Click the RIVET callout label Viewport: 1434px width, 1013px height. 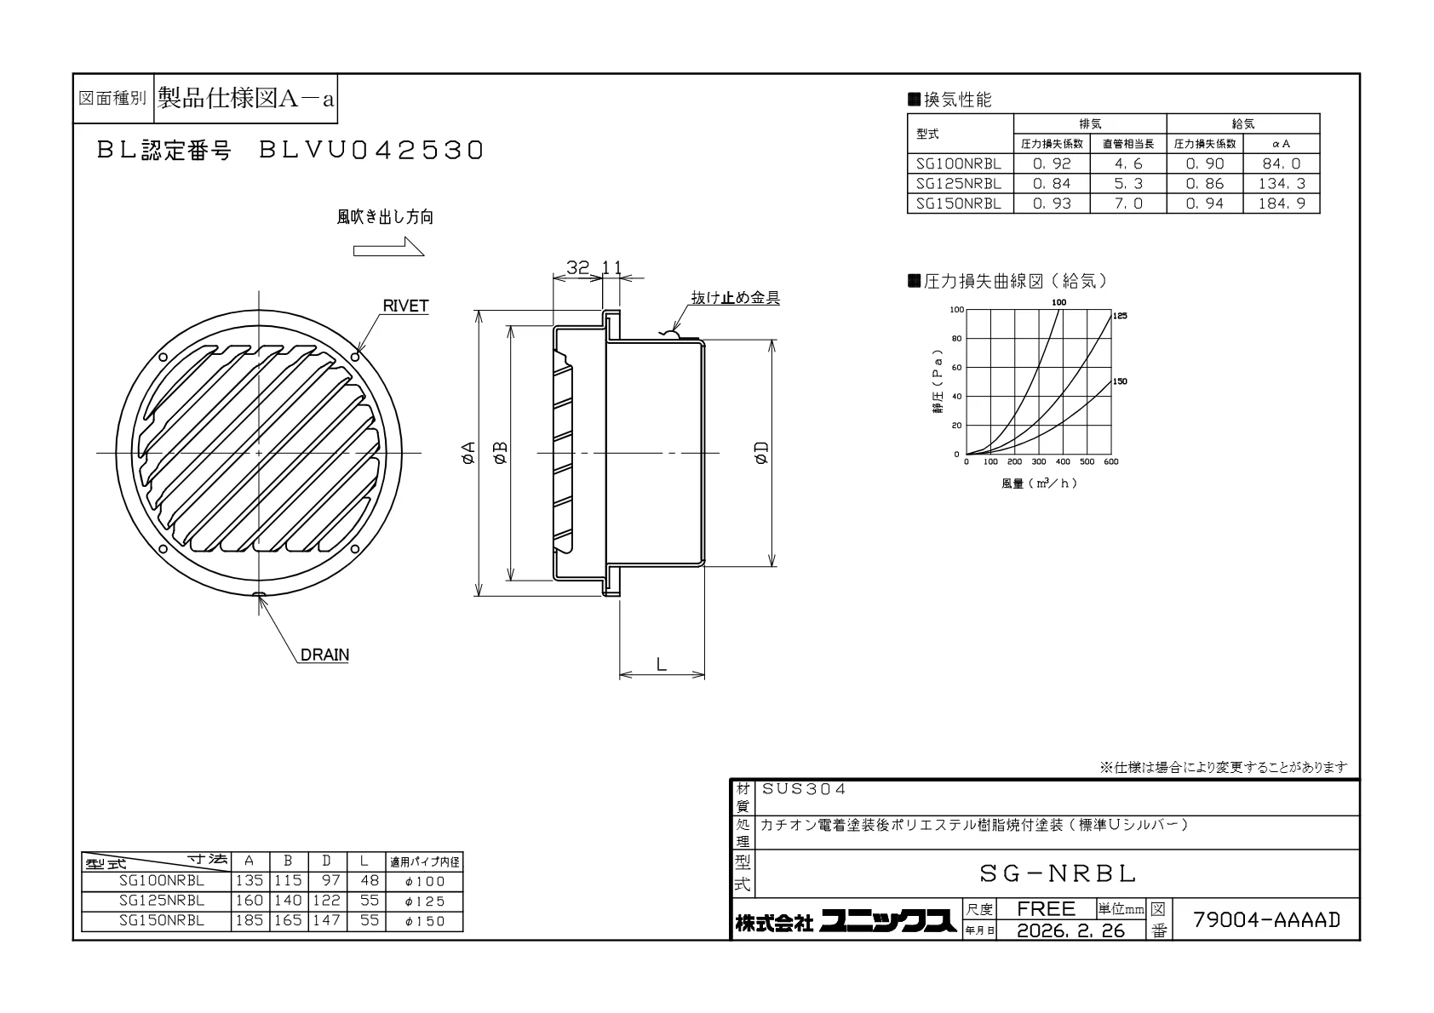pyautogui.click(x=405, y=306)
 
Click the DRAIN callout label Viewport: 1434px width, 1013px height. pyautogui.click(x=324, y=655)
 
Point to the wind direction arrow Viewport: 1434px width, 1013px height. pyautogui.click(x=388, y=246)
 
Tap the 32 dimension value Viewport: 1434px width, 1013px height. pyautogui.click(x=577, y=267)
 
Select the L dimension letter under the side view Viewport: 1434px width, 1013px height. pyautogui.click(x=662, y=664)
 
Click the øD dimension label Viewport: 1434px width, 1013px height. pyautogui.click(x=761, y=452)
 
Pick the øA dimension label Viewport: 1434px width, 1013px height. pyautogui.click(x=468, y=452)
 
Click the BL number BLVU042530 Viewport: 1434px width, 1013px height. pyautogui.click(x=370, y=151)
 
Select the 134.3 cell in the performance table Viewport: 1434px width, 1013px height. pyautogui.click(x=1281, y=184)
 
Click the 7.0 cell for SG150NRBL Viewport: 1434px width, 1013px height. pyautogui.click(x=1128, y=203)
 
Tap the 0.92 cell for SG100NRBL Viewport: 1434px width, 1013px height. pyautogui.click(x=1051, y=163)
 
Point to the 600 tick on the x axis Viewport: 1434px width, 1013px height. pyautogui.click(x=1110, y=461)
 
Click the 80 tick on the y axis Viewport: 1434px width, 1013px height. pyautogui.click(x=956, y=339)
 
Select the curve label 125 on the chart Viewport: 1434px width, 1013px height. pyautogui.click(x=1120, y=316)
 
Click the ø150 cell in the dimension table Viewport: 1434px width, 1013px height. pyautogui.click(x=424, y=922)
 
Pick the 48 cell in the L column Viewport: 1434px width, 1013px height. pyautogui.click(x=370, y=881)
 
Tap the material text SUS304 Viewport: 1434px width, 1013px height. pyautogui.click(x=804, y=789)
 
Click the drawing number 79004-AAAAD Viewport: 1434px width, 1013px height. pyautogui.click(x=1266, y=919)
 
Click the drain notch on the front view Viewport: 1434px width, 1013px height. pyautogui.click(x=259, y=595)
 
